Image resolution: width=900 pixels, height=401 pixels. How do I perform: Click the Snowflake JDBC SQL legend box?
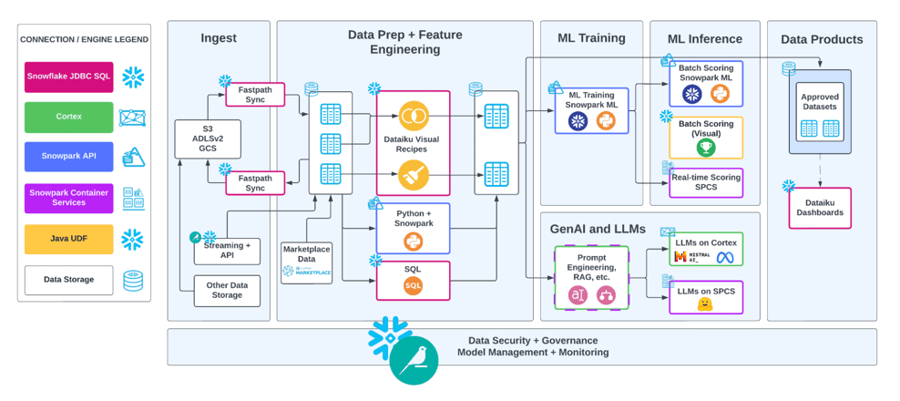click(69, 77)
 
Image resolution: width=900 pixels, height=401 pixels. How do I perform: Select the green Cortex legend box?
click(69, 117)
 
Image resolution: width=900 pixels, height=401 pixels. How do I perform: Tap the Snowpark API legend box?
click(69, 156)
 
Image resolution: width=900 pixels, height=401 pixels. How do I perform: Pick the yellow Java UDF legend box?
click(69, 240)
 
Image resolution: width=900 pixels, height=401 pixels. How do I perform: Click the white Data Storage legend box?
click(69, 280)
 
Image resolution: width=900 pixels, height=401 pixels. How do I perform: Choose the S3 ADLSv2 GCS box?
click(208, 139)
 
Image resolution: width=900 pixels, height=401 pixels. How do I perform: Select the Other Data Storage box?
click(227, 291)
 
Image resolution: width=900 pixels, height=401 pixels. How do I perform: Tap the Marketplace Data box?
click(306, 262)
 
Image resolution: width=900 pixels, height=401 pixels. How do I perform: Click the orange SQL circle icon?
click(413, 286)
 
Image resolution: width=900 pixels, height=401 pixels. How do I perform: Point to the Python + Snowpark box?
click(413, 229)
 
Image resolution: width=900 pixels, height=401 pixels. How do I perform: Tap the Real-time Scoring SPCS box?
click(706, 183)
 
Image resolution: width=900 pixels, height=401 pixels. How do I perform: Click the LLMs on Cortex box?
click(706, 249)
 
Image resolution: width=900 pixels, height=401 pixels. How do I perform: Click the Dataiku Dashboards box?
click(820, 208)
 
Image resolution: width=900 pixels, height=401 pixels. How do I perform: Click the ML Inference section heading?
click(704, 38)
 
